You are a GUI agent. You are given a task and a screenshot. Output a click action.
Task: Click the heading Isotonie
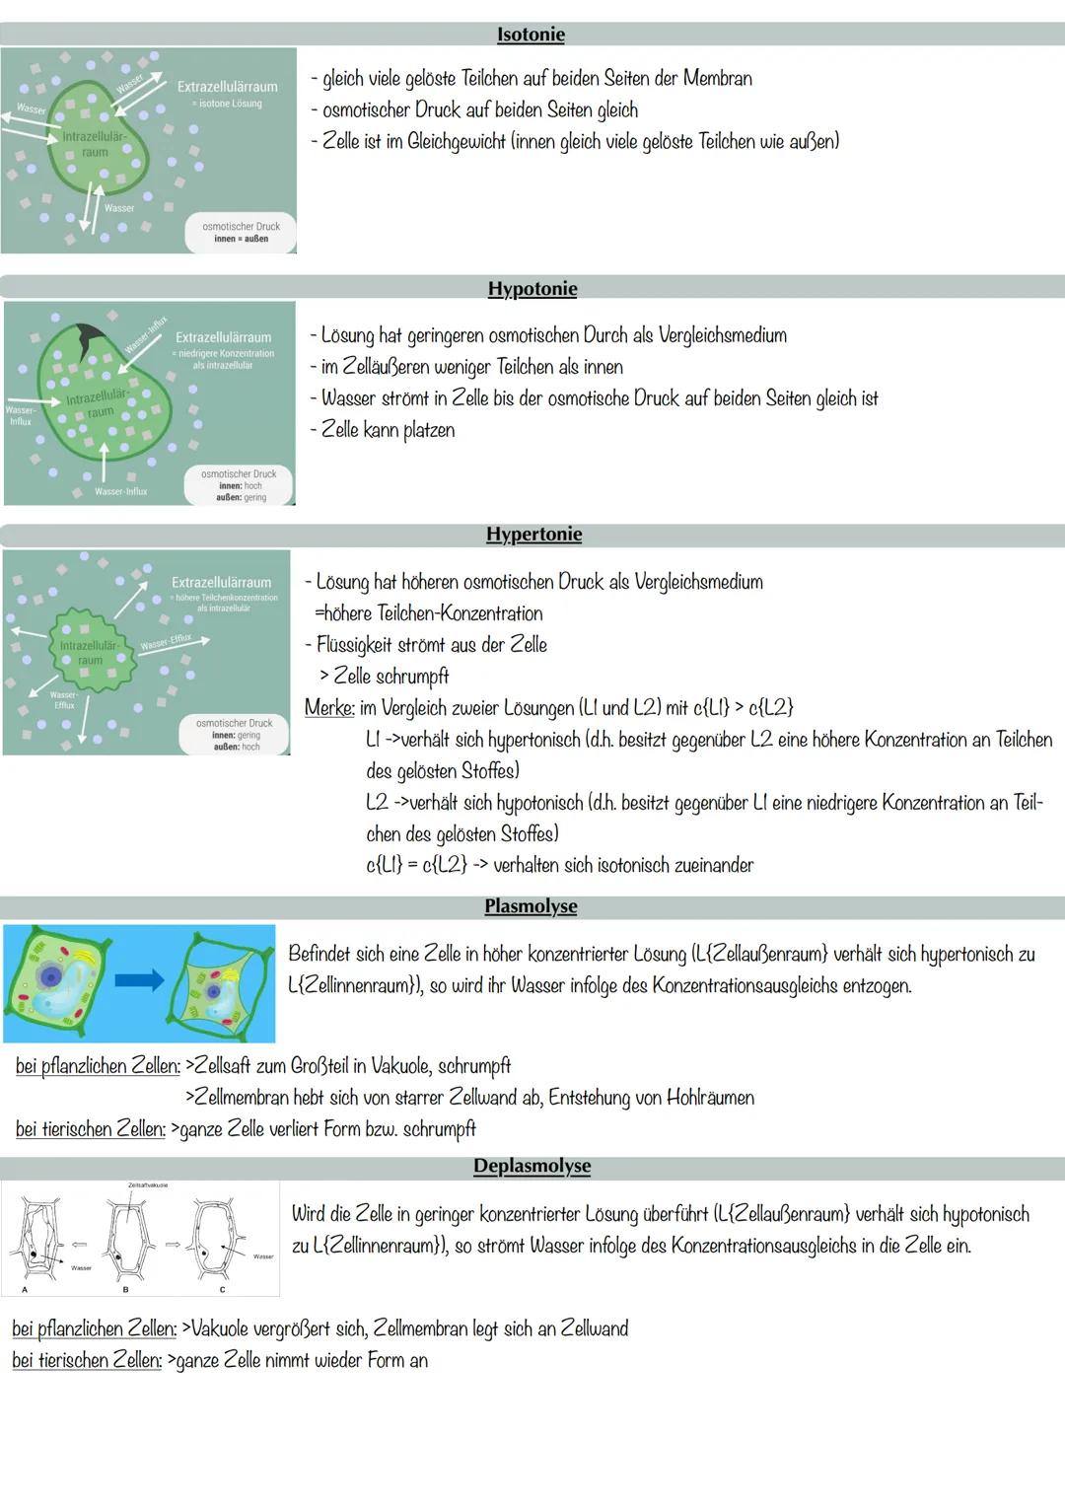click(x=531, y=35)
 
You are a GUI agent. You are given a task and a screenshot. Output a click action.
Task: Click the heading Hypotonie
click(x=532, y=289)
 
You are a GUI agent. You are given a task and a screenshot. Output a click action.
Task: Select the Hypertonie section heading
click(x=533, y=535)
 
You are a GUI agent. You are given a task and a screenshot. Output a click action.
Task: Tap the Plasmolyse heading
click(x=531, y=906)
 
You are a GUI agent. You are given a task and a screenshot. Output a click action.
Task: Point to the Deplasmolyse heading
click(x=532, y=1166)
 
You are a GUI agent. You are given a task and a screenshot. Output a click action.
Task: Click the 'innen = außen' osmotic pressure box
click(x=241, y=233)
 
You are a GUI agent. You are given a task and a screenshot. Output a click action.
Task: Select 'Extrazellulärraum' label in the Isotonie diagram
click(x=227, y=87)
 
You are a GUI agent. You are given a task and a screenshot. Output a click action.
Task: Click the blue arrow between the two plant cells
click(x=139, y=979)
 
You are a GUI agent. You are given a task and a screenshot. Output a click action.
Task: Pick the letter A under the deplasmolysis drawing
click(x=25, y=1289)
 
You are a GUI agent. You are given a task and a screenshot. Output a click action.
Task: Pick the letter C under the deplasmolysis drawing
click(x=222, y=1289)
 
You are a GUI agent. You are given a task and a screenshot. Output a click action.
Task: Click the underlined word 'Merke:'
click(x=329, y=708)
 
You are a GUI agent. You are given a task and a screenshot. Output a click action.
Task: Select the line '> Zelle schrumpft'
click(x=384, y=677)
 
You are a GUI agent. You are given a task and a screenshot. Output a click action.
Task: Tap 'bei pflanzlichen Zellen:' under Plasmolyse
click(x=98, y=1066)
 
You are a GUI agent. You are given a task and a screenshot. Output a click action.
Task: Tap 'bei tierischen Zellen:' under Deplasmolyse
click(x=87, y=1361)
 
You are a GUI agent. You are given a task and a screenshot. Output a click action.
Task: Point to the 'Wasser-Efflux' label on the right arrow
click(x=166, y=642)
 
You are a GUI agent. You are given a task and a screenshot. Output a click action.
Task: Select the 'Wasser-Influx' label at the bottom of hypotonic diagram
click(x=120, y=491)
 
